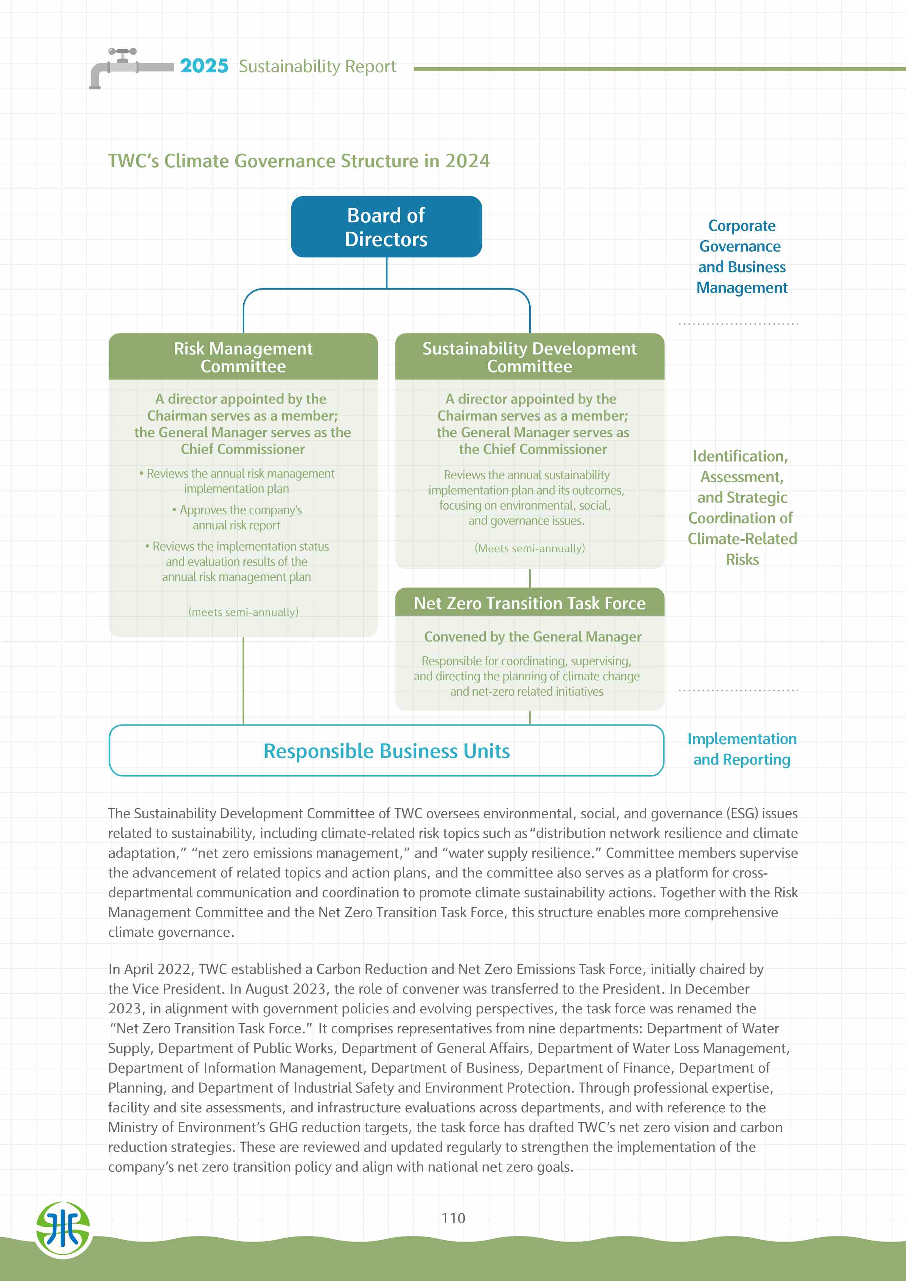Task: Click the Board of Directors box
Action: click(386, 226)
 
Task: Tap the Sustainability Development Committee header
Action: click(529, 357)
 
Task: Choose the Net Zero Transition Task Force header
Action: click(529, 603)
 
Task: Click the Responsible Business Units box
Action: click(386, 751)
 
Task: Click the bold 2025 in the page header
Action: click(204, 66)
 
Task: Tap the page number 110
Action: click(453, 1218)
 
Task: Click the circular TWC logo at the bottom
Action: click(63, 1230)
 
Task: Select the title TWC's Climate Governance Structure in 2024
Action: click(299, 161)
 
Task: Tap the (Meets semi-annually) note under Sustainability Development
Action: click(529, 548)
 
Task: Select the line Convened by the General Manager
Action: click(532, 636)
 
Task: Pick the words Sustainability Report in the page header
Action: click(317, 66)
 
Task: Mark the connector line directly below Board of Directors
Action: click(386, 273)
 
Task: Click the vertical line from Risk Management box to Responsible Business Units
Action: click(243, 681)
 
